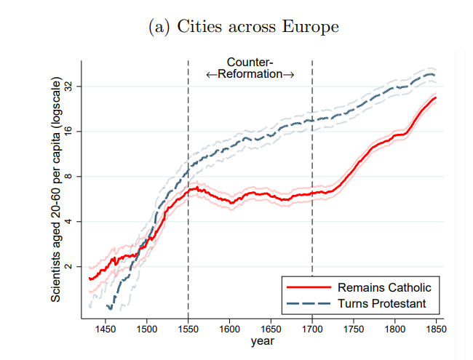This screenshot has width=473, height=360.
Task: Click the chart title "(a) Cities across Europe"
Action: (243, 27)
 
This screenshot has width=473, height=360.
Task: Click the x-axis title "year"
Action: (263, 340)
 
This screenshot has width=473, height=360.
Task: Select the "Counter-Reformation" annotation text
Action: (250, 68)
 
